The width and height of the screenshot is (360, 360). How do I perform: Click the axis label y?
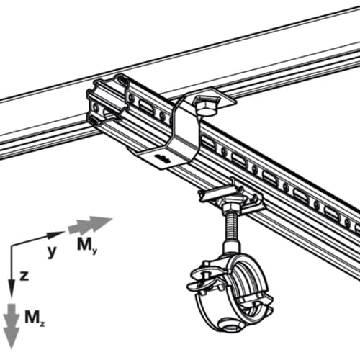point(51,251)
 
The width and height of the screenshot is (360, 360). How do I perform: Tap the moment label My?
point(84,245)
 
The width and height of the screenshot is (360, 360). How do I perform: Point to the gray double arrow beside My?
point(90,225)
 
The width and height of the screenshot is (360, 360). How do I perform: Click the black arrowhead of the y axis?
point(60,234)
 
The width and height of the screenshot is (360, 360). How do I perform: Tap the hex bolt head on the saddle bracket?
point(207,107)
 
